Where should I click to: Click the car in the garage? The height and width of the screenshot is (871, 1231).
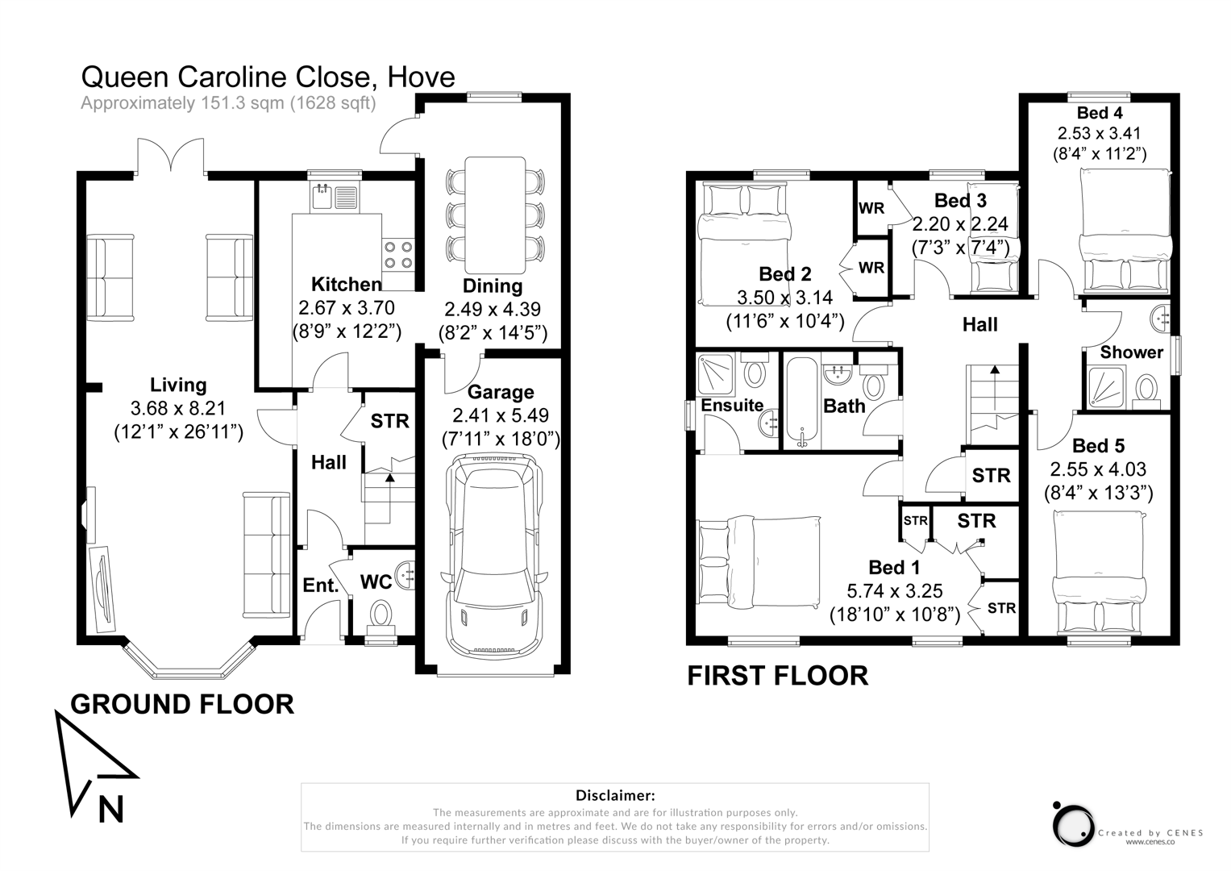(493, 556)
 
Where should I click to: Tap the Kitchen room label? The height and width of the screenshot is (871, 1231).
(347, 285)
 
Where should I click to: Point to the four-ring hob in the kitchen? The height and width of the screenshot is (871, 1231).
(398, 255)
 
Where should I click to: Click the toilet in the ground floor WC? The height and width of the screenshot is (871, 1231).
(381, 615)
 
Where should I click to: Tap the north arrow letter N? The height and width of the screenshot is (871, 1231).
(110, 809)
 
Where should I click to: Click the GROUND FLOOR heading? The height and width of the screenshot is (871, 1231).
(182, 704)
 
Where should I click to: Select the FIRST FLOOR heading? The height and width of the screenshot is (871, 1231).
(777, 676)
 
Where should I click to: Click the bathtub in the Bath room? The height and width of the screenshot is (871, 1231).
(801, 402)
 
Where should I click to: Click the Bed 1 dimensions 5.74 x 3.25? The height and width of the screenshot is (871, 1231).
(895, 591)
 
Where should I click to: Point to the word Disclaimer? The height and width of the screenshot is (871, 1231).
(615, 796)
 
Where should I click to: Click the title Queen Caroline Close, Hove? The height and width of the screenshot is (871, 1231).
(268, 77)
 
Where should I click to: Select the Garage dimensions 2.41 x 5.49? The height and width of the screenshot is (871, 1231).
(501, 416)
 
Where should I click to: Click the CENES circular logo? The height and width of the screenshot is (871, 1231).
(1074, 824)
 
